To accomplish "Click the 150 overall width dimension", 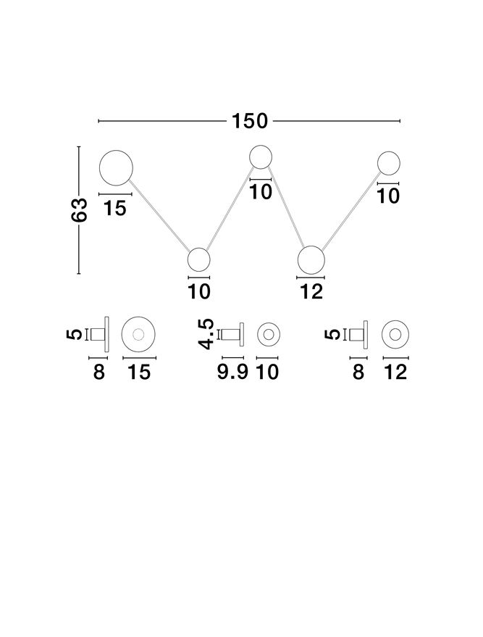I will (249, 121).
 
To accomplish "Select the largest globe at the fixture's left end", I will (116, 168).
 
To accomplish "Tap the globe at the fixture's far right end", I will (390, 162).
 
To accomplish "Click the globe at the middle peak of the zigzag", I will (261, 156).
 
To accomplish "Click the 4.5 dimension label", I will (206, 333).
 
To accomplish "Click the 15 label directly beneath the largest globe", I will (115, 209).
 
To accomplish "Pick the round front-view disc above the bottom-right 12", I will (395, 334).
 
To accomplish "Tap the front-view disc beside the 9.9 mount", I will (268, 334).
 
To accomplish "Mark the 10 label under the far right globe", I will (389, 196).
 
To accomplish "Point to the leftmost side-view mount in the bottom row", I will (101, 334).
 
